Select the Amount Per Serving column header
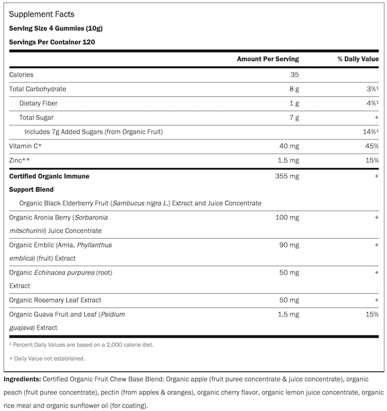click(x=268, y=59)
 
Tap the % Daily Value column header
click(x=358, y=59)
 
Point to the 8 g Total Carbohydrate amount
click(x=293, y=89)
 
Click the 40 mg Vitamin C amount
click(x=289, y=146)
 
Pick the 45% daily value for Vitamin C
click(x=371, y=146)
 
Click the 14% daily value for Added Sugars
click(x=370, y=132)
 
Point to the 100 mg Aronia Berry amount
click(x=287, y=217)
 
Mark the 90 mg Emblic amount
click(x=289, y=245)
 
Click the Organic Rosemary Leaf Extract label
click(x=55, y=300)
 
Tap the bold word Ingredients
click(x=23, y=379)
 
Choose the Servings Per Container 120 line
click(x=52, y=42)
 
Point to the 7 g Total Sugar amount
click(x=293, y=117)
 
